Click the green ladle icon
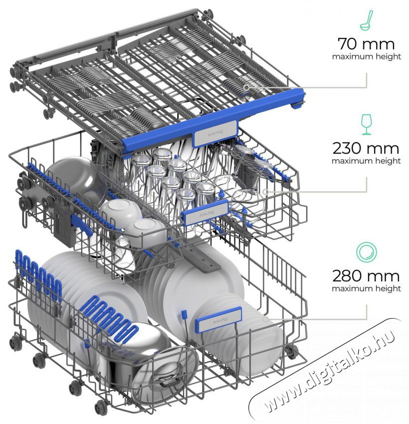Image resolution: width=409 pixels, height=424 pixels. (366, 20)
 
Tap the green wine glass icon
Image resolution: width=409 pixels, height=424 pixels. (366, 124)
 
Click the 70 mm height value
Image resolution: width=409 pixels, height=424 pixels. (366, 44)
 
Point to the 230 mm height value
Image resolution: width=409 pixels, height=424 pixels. (366, 148)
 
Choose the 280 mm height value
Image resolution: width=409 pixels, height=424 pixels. (366, 276)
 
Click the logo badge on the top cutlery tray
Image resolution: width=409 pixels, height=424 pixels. (215, 134)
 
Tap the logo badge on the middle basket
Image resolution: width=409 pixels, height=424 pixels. (205, 213)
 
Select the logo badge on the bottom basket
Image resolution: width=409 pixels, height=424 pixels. (219, 320)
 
